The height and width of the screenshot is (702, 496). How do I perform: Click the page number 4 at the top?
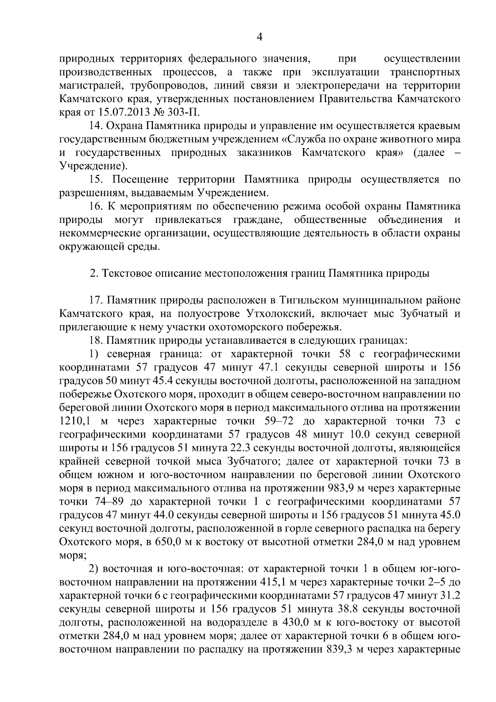coord(260,37)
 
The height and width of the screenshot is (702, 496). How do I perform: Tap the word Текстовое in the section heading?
coord(129,273)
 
